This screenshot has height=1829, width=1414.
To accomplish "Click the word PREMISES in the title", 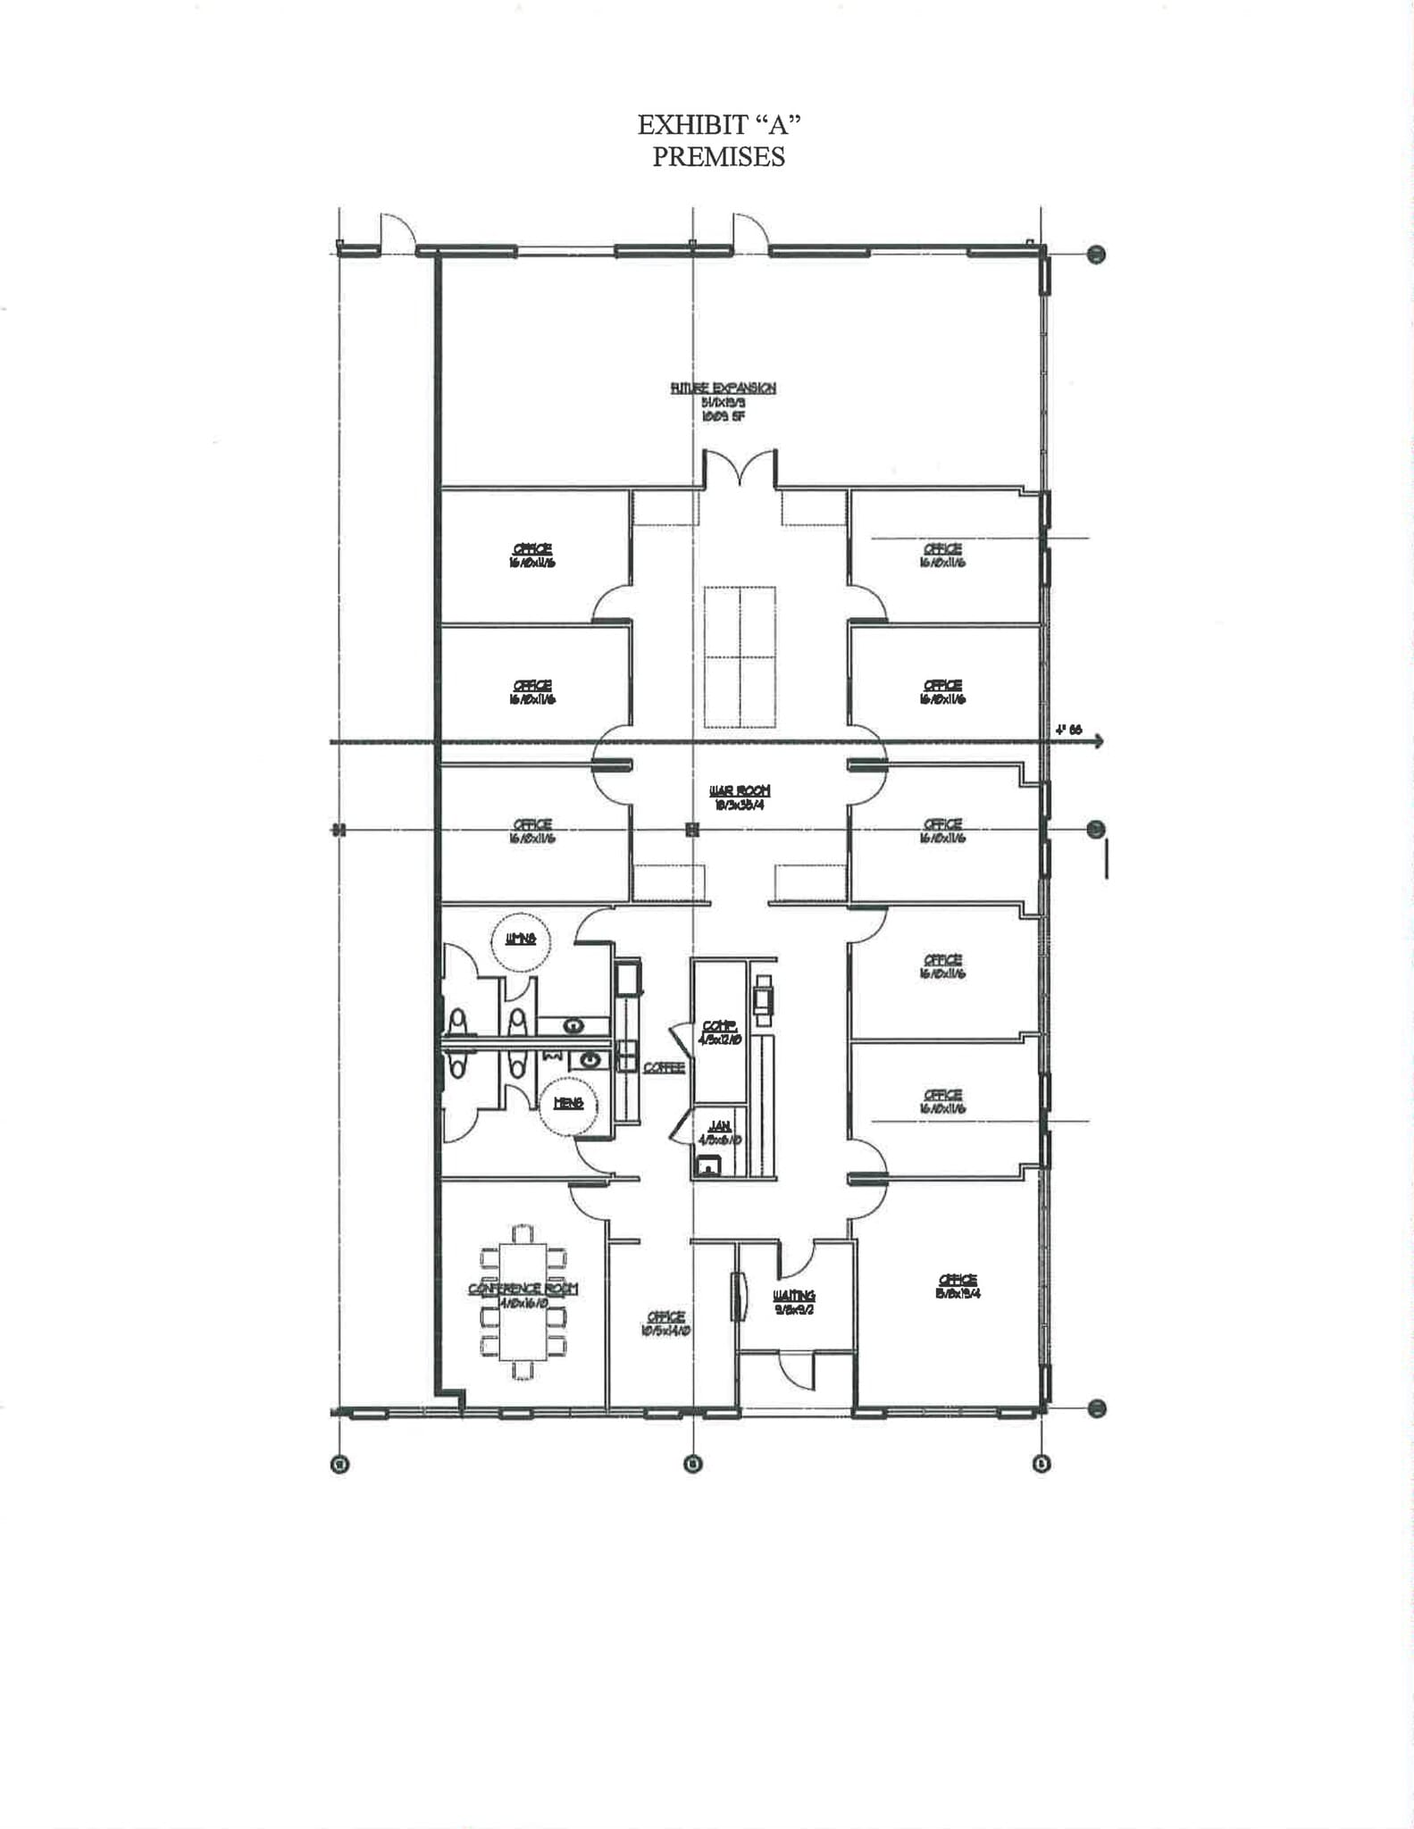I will [718, 156].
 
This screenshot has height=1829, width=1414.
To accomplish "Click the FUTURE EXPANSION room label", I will [723, 388].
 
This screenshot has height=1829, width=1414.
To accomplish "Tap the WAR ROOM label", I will [739, 790].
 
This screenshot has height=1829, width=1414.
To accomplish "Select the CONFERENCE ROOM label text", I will [523, 1289].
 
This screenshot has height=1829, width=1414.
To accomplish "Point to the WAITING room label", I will [793, 1295].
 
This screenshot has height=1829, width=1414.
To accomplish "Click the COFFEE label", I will [664, 1068].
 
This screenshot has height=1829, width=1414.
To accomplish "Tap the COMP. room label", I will [719, 1026].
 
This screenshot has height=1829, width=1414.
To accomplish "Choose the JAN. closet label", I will [719, 1127].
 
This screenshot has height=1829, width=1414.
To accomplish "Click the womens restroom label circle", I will [520, 939].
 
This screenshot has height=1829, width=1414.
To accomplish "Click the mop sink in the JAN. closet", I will [708, 1165].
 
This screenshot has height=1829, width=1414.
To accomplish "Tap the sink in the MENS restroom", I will [590, 1059].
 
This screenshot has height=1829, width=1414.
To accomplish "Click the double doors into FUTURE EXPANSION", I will [739, 469].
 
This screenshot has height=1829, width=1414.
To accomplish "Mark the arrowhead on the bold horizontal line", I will [1098, 741].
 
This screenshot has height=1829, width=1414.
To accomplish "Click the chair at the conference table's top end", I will [523, 1233].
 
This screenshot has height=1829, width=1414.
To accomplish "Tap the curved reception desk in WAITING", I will [738, 1297].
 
